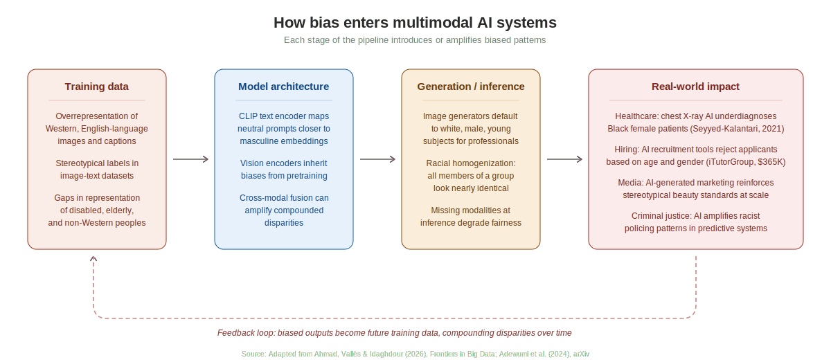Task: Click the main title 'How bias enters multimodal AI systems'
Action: point(415,23)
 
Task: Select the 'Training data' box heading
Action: point(97,87)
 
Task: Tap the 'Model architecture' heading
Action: point(284,87)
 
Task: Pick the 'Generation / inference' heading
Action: point(471,87)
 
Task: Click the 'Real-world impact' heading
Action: point(695,87)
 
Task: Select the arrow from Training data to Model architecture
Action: point(190,159)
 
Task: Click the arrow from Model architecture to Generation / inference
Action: point(377,159)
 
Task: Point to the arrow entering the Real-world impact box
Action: point(565,159)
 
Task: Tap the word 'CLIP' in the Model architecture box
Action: point(249,116)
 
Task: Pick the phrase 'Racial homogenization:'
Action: point(471,163)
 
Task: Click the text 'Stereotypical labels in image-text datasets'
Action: point(97,169)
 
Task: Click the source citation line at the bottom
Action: point(415,354)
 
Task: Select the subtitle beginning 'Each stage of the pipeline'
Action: point(415,40)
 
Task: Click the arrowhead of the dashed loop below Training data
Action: point(93,258)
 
